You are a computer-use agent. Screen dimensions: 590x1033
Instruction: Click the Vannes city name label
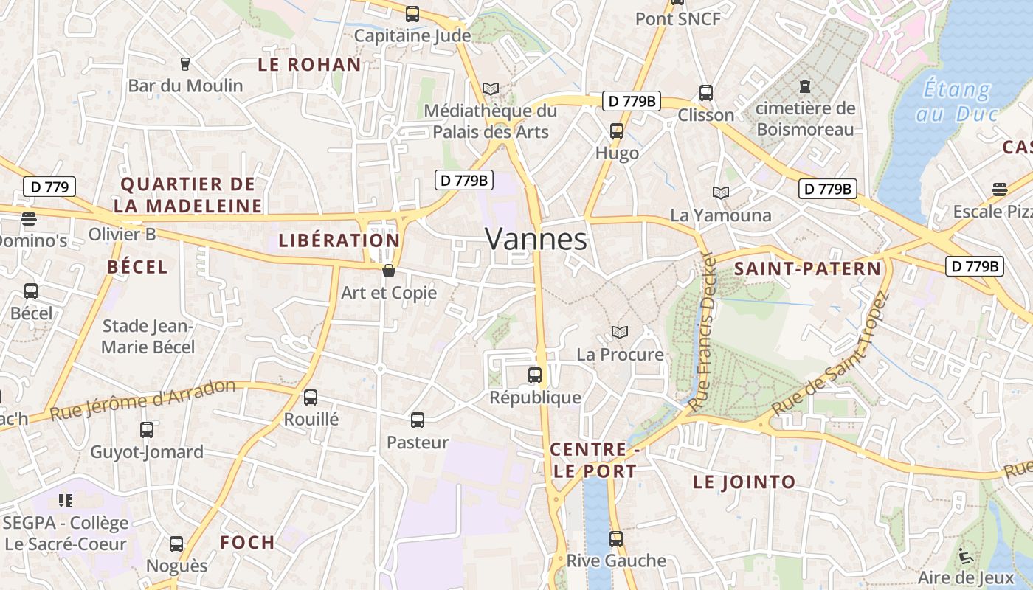tap(536, 239)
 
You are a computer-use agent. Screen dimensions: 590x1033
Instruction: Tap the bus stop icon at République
tap(535, 375)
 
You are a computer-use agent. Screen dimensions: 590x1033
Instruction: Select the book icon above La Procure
tap(620, 333)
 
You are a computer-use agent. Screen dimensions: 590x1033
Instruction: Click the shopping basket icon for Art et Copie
tap(389, 271)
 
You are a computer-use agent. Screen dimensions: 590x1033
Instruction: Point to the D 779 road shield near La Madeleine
tap(49, 187)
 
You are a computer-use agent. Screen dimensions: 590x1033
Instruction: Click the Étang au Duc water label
tap(957, 102)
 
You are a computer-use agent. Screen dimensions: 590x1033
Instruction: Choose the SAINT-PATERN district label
tap(807, 269)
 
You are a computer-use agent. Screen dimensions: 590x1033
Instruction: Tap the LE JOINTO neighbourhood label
tap(744, 482)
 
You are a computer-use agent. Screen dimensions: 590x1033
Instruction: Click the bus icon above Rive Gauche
tap(616, 539)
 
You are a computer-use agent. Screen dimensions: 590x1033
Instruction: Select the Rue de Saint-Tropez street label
tap(830, 354)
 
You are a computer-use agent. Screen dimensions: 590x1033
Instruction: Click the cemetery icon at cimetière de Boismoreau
tap(805, 86)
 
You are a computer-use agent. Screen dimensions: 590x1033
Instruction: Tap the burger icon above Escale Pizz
tap(1000, 190)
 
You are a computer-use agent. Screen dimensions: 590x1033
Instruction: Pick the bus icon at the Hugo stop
tap(617, 132)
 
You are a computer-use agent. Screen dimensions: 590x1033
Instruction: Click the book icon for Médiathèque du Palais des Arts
tap(491, 89)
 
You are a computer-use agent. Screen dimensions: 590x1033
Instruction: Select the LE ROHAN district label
tap(309, 65)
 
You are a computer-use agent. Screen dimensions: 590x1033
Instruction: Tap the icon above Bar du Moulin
tap(185, 64)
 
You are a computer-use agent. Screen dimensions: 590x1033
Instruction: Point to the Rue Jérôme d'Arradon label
tap(142, 400)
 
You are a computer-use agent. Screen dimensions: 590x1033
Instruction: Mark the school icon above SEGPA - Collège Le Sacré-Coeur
tap(66, 502)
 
